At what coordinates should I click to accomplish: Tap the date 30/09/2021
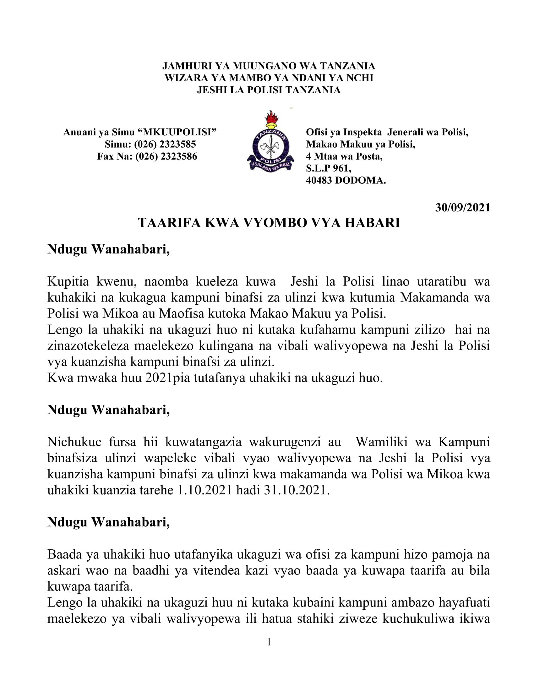click(x=462, y=208)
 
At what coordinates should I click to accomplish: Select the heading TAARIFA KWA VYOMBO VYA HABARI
click(x=269, y=223)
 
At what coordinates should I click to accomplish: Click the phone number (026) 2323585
click(x=165, y=144)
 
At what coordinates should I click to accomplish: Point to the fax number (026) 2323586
click(x=166, y=156)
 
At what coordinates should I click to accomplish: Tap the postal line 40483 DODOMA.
click(x=346, y=180)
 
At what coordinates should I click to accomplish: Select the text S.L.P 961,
click(x=328, y=168)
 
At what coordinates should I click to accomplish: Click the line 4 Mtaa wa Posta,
click(x=344, y=156)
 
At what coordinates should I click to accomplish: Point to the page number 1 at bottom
click(x=269, y=642)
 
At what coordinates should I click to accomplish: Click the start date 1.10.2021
click(x=205, y=490)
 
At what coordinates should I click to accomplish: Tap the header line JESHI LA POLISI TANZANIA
click(x=269, y=90)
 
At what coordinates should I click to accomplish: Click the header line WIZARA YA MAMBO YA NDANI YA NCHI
click(x=269, y=78)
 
